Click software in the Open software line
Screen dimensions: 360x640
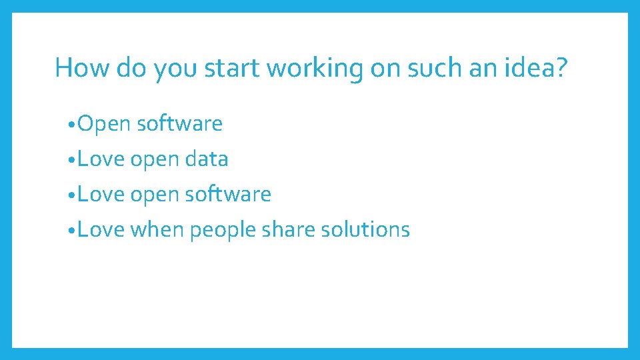click(180, 124)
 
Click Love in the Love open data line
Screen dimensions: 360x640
click(101, 159)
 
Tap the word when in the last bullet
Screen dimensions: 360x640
click(157, 230)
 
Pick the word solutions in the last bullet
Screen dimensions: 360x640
click(365, 230)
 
